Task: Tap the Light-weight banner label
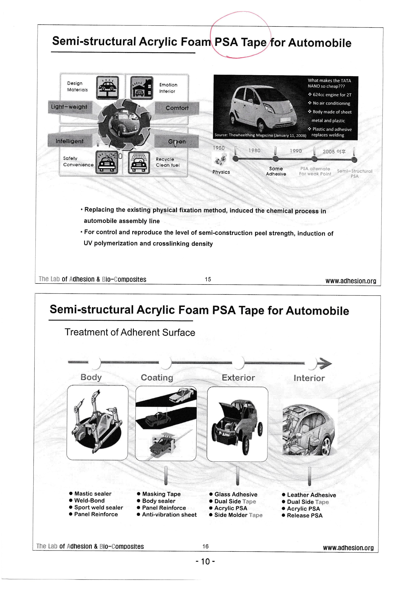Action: [69, 107]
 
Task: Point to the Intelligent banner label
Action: [69, 141]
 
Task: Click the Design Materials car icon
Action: [108, 87]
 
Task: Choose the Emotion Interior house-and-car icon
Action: [142, 88]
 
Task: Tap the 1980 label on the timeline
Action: [254, 150]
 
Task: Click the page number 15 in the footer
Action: [208, 279]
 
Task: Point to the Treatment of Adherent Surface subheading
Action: [130, 332]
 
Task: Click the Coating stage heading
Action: [157, 378]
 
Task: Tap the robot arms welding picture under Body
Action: [97, 423]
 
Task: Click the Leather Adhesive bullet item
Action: [311, 495]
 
